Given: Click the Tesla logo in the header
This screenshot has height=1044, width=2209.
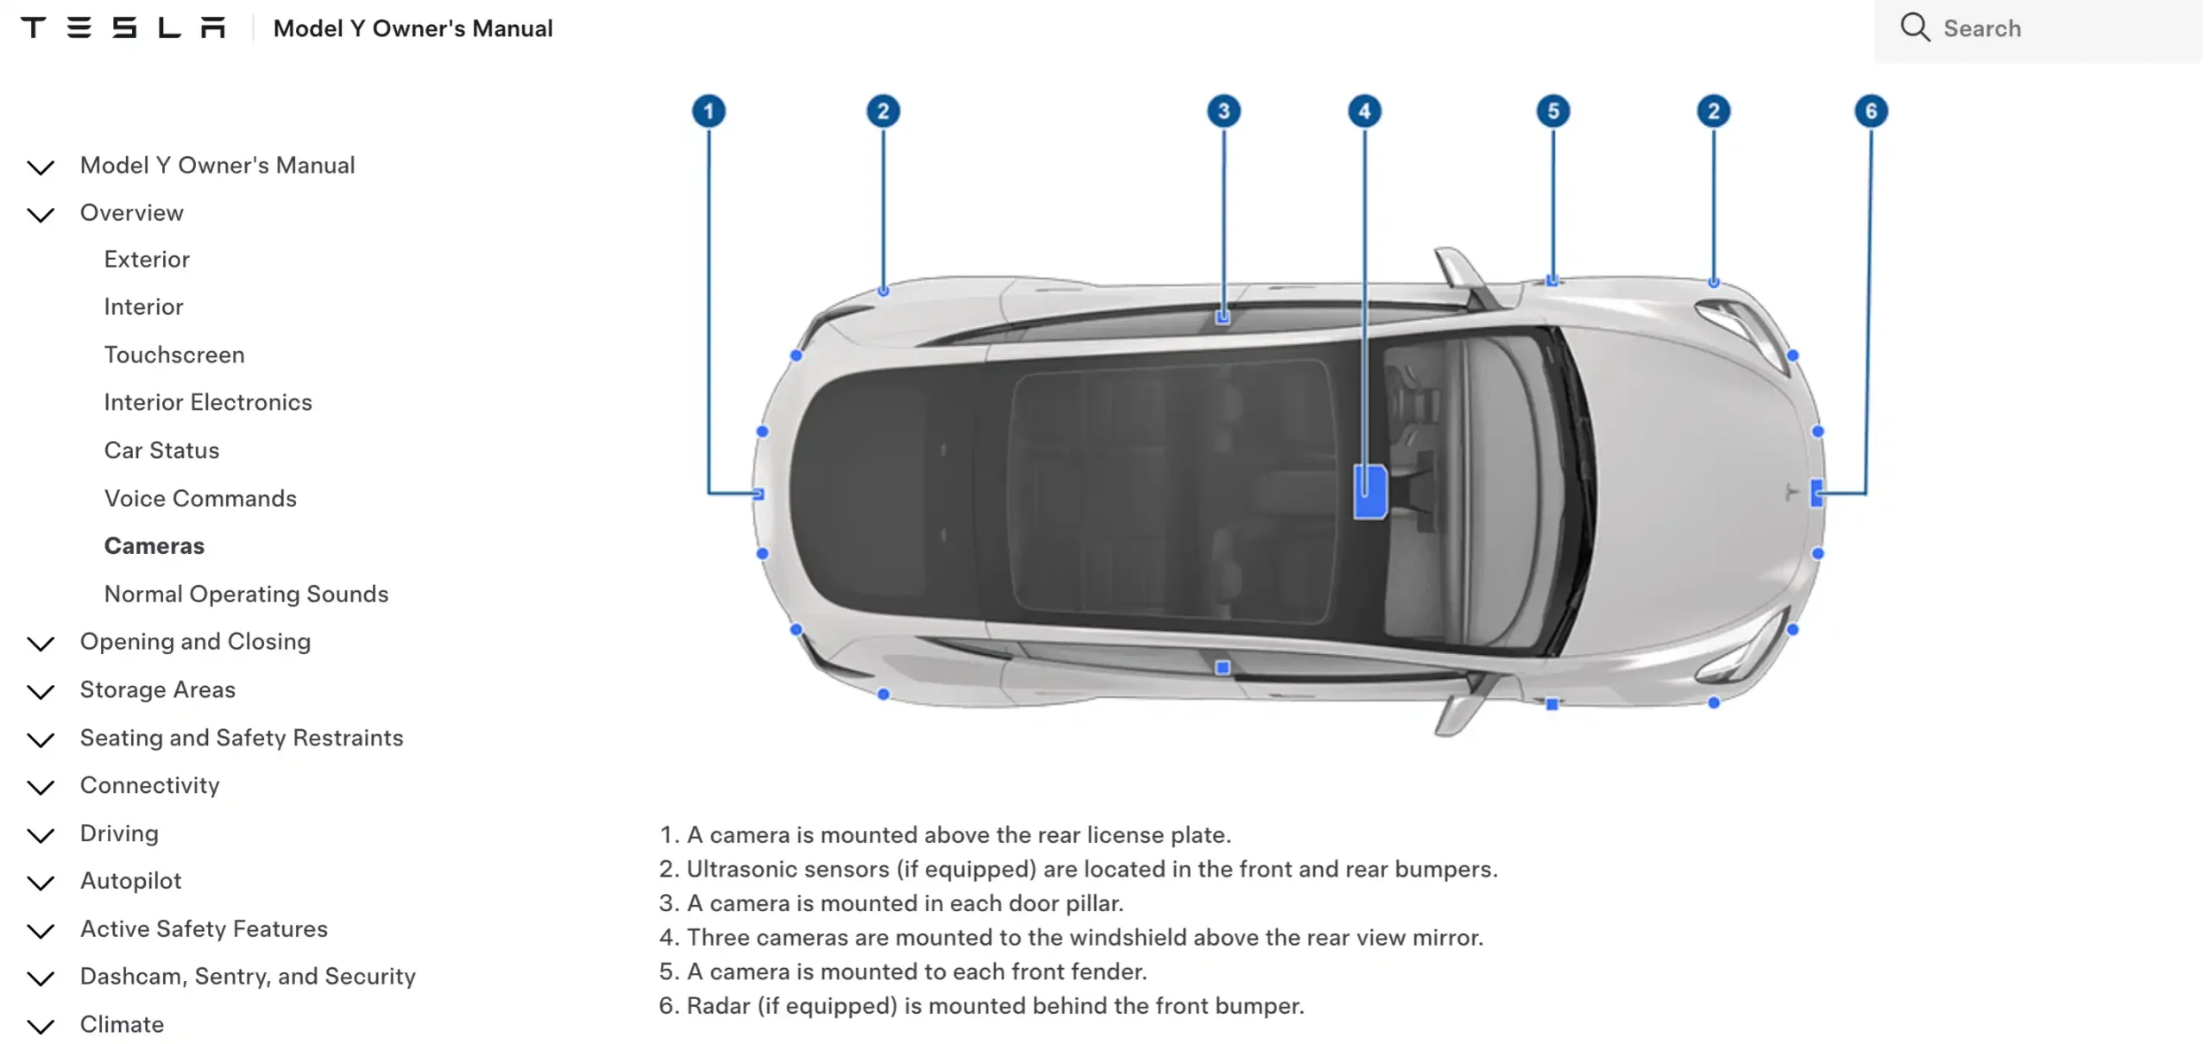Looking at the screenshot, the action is [x=123, y=28].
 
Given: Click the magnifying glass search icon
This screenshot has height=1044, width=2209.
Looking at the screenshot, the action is [x=1914, y=27].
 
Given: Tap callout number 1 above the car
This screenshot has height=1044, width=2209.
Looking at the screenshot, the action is [x=708, y=110].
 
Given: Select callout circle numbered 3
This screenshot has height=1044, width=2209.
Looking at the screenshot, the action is [x=1224, y=110].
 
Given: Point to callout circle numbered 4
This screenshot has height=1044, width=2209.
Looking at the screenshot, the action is [x=1364, y=110].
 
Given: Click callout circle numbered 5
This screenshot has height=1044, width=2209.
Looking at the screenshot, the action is [x=1553, y=110].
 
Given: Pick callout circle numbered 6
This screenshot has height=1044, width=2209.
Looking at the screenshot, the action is [x=1871, y=110].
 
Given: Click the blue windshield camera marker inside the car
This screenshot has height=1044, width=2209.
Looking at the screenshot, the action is [x=1370, y=492].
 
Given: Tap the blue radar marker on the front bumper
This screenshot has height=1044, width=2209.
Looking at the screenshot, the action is [x=1816, y=494].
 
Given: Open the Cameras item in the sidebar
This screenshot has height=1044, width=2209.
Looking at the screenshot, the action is [x=154, y=546].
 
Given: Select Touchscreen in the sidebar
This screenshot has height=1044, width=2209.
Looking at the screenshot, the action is [x=174, y=355].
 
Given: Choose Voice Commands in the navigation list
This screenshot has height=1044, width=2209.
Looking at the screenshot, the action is [x=200, y=499].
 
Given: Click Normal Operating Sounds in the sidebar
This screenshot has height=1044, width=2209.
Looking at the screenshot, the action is [x=246, y=594].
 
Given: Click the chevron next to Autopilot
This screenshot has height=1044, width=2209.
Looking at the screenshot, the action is [x=41, y=883].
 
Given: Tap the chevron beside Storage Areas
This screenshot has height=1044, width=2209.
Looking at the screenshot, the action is [x=41, y=692].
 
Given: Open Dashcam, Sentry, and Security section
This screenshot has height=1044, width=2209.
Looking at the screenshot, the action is [x=248, y=977].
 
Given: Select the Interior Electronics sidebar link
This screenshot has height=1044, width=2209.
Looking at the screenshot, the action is [x=208, y=403].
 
